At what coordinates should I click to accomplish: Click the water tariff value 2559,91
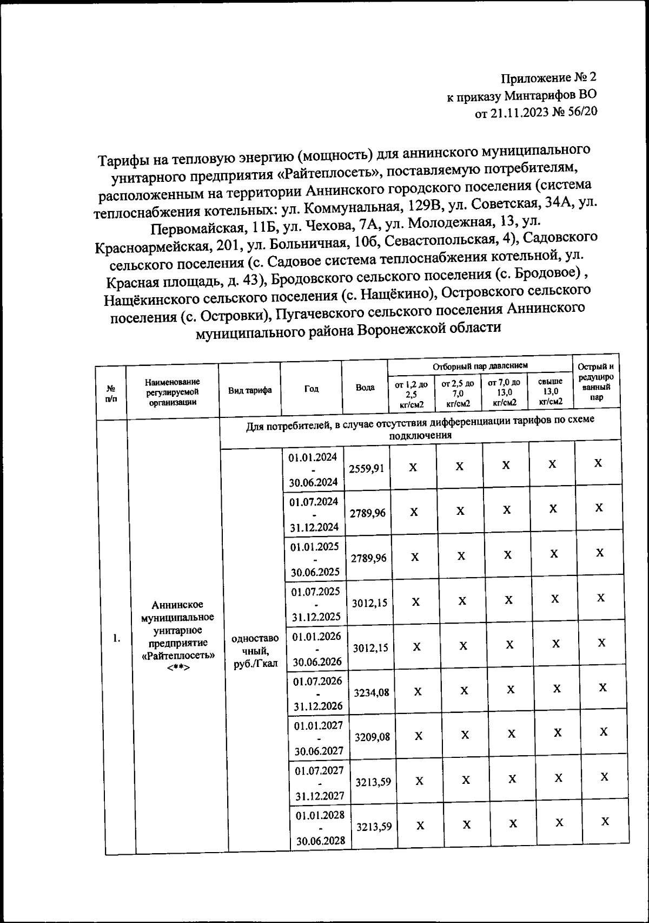point(366,468)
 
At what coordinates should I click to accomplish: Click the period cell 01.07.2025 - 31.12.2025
point(315,604)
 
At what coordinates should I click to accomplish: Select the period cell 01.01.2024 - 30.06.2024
point(313,469)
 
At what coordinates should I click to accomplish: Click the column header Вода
point(365,388)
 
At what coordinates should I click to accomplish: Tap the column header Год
point(311,389)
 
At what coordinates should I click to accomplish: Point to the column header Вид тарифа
point(249,390)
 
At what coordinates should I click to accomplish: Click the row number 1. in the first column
point(116,638)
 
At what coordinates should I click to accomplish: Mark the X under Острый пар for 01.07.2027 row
point(604,777)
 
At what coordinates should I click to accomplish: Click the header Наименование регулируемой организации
point(173,392)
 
